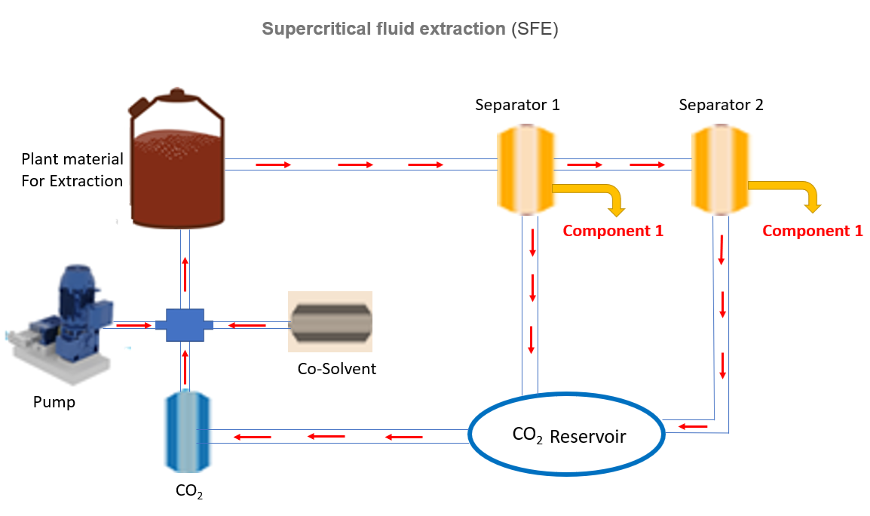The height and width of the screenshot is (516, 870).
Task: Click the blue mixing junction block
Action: [x=184, y=325]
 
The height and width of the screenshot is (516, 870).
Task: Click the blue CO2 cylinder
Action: [x=187, y=431]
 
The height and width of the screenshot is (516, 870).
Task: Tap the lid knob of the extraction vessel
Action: [x=178, y=94]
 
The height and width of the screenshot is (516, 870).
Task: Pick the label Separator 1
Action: [x=517, y=105]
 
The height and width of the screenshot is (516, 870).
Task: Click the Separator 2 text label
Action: [x=721, y=105]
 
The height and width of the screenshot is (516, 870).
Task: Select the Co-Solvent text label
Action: [x=337, y=369]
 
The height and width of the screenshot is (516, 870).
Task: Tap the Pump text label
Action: [x=54, y=402]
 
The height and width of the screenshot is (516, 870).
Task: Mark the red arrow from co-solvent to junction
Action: [x=247, y=326]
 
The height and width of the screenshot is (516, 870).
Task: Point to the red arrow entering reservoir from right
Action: [x=693, y=428]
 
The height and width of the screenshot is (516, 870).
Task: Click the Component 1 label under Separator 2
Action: [x=812, y=231]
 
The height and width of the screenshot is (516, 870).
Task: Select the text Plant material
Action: [x=72, y=159]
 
